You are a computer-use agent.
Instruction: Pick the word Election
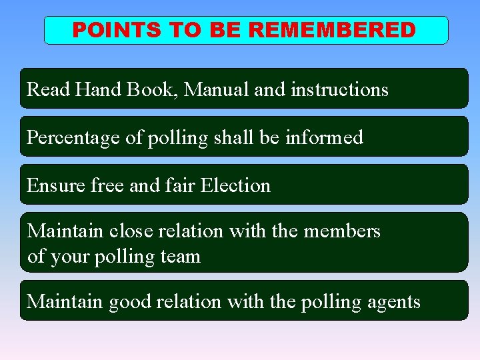tap(235, 185)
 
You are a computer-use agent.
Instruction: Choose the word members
tap(342, 231)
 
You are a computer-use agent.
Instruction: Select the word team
tap(179, 257)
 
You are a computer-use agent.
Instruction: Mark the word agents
tap(392, 303)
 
